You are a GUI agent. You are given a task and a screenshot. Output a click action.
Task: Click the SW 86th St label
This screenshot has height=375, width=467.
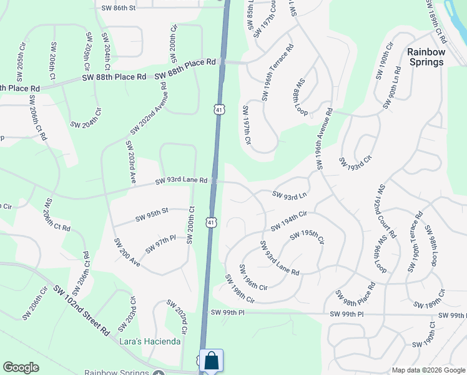118,7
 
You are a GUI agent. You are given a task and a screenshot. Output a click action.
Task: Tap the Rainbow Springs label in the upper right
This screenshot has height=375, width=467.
426,56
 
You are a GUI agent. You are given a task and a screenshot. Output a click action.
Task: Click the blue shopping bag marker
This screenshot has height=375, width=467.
212,361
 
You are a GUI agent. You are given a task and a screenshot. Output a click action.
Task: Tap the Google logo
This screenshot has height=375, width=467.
21,367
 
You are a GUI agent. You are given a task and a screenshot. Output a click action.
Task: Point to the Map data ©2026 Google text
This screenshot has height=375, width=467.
428,370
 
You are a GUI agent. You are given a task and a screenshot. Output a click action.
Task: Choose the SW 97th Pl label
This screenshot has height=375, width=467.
162,244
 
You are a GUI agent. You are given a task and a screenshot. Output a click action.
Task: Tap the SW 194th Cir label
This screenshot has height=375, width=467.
288,221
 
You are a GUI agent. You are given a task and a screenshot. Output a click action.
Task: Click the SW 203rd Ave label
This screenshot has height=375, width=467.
130,161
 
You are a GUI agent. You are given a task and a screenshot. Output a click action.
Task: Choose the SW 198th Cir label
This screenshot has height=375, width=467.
240,289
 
